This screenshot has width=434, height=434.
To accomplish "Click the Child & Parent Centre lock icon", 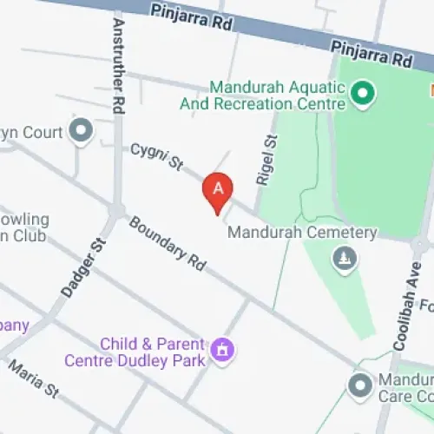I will click(223, 350).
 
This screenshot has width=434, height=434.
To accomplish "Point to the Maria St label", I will click(33, 383).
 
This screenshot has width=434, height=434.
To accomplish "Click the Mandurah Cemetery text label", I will click(301, 233).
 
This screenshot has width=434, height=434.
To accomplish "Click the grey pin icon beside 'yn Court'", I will click(82, 131).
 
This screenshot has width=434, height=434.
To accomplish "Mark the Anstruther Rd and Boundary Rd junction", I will click(117, 211).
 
